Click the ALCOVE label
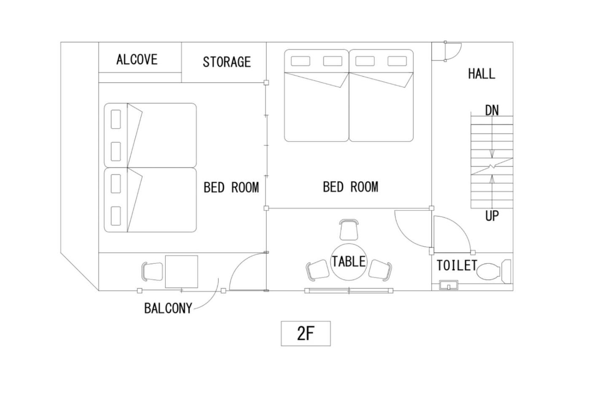click(x=137, y=59)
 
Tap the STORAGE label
click(x=227, y=62)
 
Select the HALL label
click(x=482, y=74)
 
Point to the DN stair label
click(x=492, y=110)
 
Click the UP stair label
click(x=492, y=216)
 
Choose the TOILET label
click(x=457, y=265)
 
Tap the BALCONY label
click(x=168, y=308)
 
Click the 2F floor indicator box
click(x=306, y=334)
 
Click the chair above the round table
click(x=349, y=230)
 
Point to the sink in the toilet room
click(x=449, y=285)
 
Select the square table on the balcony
click(x=182, y=271)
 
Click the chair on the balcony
click(x=152, y=272)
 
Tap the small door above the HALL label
click(x=453, y=51)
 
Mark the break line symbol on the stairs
click(x=492, y=166)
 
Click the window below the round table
click(x=349, y=291)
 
